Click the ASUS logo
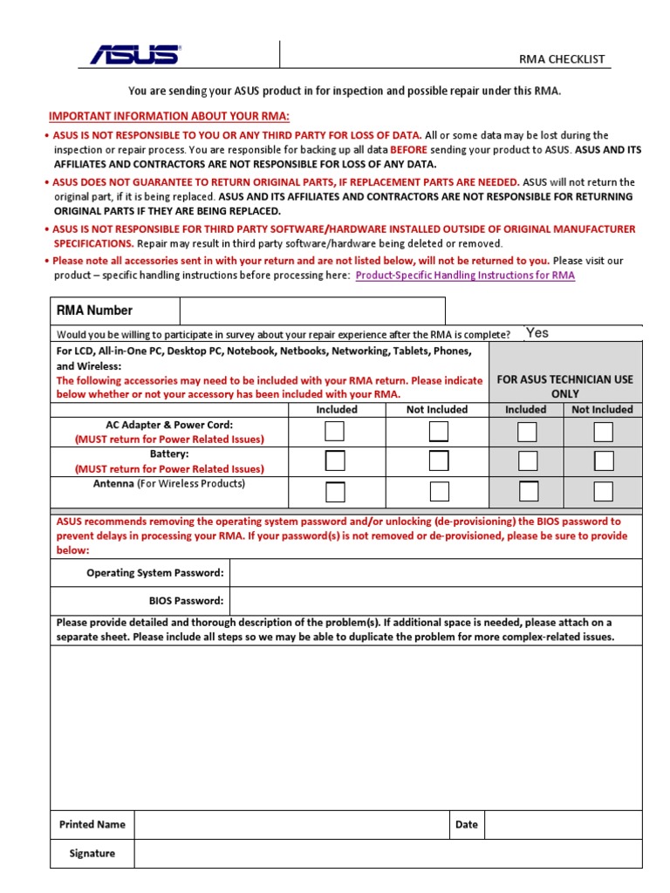coord(135,55)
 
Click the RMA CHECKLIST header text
coord(562,59)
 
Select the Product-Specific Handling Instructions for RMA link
coord(466,275)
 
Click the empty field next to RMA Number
coord(312,310)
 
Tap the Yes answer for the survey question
coord(537,332)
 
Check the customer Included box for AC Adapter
coord(335,432)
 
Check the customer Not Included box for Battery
coord(439,461)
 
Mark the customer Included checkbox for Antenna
coord(335,492)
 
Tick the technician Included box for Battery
coord(528,461)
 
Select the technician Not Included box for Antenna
coord(603,492)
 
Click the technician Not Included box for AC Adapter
coord(603,432)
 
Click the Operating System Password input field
coord(436,573)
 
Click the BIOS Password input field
coord(436,601)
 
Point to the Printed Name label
coord(92,824)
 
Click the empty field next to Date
coord(563,824)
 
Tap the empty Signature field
coord(387,854)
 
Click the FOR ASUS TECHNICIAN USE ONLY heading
coord(564,386)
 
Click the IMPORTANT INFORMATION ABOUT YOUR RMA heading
coord(168,116)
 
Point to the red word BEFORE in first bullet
coord(408,149)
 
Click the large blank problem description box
coord(346,728)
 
